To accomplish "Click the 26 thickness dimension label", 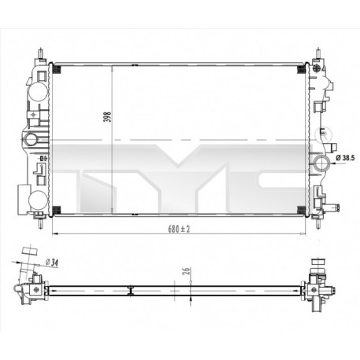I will [x=186, y=272].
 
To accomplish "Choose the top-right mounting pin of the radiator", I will [x=321, y=55].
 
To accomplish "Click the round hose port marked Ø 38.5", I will [x=320, y=163].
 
